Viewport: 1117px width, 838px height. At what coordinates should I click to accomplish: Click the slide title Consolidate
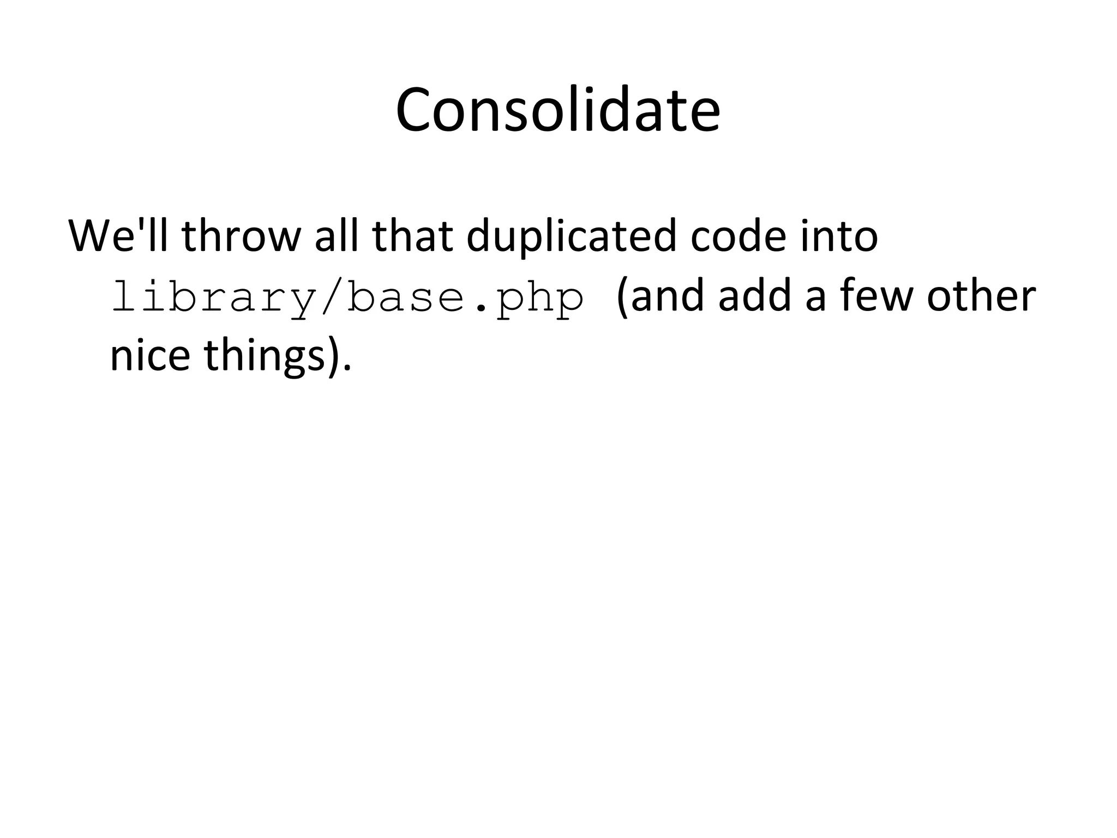point(558,110)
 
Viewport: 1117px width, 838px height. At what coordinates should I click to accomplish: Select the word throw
point(241,236)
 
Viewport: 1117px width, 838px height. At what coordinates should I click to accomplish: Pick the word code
point(738,236)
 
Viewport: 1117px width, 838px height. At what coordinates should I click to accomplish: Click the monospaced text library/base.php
point(347,298)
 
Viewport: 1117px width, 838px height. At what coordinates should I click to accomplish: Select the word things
point(265,357)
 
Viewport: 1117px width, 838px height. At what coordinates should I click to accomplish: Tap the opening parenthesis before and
point(622,297)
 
